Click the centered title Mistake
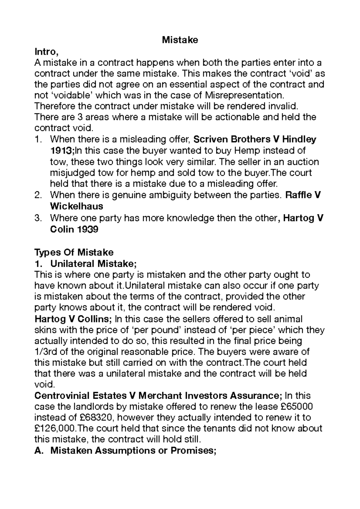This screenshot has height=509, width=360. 180,40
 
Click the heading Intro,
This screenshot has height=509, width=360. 46,52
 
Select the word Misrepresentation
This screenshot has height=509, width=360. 244,95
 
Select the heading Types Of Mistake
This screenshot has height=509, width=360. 74,252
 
